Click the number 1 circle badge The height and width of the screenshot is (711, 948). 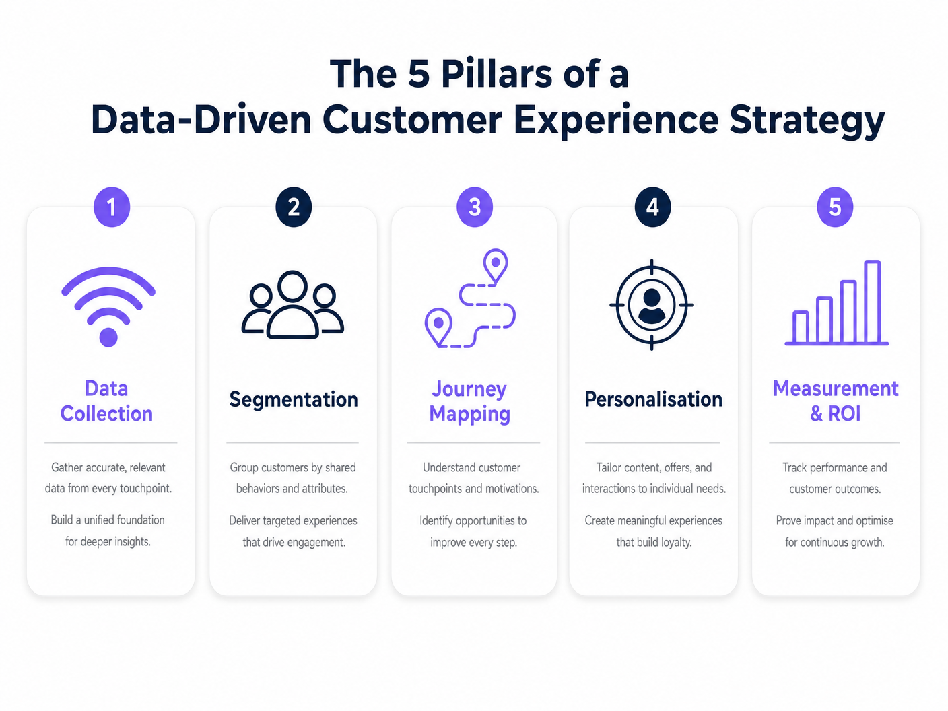click(112, 207)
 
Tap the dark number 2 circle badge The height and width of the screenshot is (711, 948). click(294, 207)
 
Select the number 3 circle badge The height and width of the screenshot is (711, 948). click(475, 207)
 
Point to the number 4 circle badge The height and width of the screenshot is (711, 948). click(652, 207)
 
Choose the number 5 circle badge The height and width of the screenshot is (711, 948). click(835, 207)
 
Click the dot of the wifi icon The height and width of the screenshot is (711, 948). click(108, 337)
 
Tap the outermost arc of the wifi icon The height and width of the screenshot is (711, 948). click(108, 281)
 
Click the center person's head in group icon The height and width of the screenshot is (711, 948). click(292, 285)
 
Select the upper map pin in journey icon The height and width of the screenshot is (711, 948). click(496, 266)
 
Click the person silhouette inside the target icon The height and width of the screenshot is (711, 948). click(652, 306)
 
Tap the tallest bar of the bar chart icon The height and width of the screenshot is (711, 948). click(872, 302)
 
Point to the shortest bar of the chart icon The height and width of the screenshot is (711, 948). click(801, 327)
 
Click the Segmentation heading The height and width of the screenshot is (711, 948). click(294, 399)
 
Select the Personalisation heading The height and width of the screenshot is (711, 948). click(654, 399)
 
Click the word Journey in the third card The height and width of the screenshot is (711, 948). click(469, 390)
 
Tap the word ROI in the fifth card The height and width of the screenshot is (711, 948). click(844, 413)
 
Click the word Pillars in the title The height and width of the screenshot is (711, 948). click(497, 74)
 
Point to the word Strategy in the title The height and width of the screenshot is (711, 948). click(807, 121)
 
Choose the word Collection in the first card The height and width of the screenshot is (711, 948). click(106, 413)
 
